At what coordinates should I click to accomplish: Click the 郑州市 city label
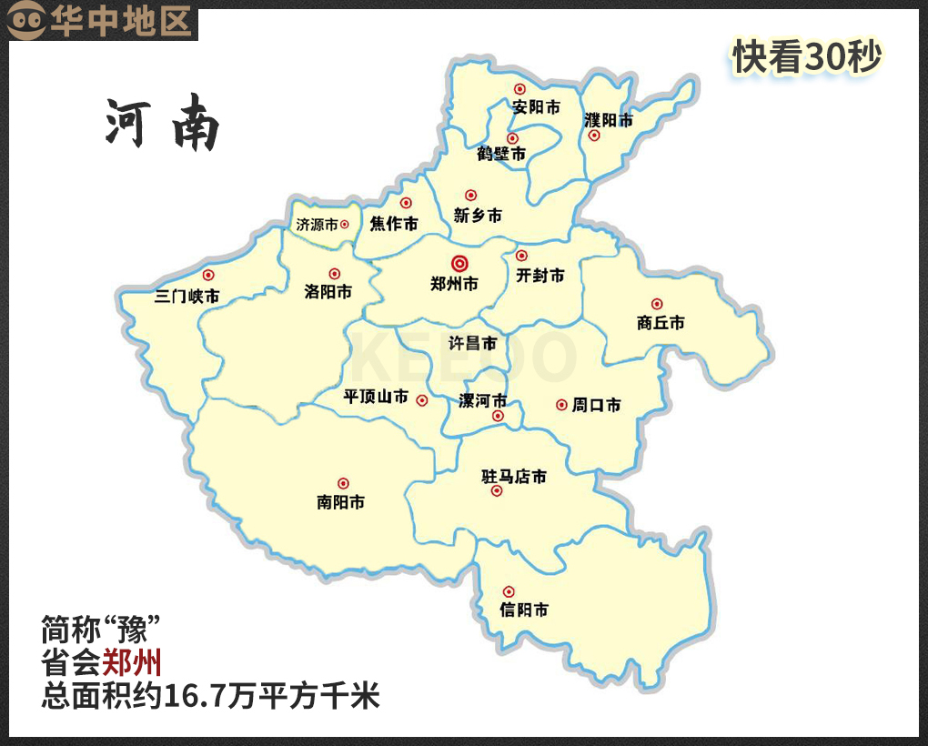(x=454, y=284)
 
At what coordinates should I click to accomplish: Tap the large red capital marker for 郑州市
(x=459, y=263)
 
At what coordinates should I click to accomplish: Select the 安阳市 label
(x=536, y=107)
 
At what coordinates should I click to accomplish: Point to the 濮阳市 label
(x=608, y=120)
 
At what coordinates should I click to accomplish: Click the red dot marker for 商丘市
(x=657, y=304)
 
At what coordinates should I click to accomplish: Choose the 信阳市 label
(x=524, y=610)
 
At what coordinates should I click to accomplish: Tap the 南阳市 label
(x=341, y=501)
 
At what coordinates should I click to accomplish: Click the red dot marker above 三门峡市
(x=208, y=275)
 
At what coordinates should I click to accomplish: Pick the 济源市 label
(x=317, y=224)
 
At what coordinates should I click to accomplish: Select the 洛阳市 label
(x=328, y=292)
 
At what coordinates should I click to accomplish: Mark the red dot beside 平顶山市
(x=422, y=399)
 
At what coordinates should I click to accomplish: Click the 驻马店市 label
(x=514, y=477)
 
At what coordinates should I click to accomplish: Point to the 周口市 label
(x=596, y=405)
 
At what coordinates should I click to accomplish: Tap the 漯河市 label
(x=482, y=401)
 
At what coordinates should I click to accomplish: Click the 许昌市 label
(x=473, y=343)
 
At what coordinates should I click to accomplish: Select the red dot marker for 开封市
(x=521, y=256)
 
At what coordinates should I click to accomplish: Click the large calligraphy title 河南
(x=163, y=126)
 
